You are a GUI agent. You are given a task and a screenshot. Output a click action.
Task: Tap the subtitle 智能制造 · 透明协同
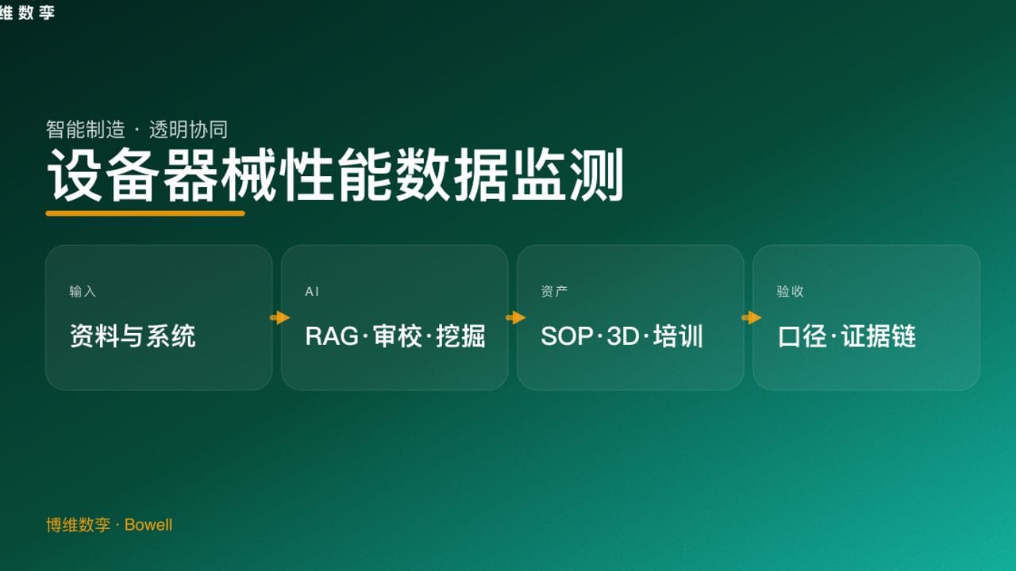137,129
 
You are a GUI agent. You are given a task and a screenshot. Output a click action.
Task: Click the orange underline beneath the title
145,213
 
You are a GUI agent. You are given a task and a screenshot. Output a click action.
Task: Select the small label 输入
83,292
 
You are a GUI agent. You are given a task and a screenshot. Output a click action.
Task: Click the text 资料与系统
133,336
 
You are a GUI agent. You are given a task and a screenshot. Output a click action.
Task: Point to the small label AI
312,292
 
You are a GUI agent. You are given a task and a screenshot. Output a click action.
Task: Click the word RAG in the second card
331,336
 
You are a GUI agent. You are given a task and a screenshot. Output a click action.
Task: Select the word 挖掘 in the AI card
460,336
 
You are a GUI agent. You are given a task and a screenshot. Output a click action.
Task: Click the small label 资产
554,292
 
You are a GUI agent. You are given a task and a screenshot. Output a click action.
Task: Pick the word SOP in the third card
567,336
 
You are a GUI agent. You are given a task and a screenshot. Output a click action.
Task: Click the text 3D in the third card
623,336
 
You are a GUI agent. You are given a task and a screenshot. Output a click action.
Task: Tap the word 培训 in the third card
679,336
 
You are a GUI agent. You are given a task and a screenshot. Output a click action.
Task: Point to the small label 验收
790,292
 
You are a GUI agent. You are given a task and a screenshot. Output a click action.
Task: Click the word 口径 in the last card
803,336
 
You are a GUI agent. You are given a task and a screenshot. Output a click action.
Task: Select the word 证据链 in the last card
879,336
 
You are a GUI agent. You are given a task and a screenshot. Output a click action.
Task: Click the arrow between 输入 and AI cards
280,318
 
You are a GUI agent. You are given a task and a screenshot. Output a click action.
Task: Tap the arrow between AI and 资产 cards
516,318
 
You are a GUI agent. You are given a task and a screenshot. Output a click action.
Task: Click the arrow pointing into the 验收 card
752,318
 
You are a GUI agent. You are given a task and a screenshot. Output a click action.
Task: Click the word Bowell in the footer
148,525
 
